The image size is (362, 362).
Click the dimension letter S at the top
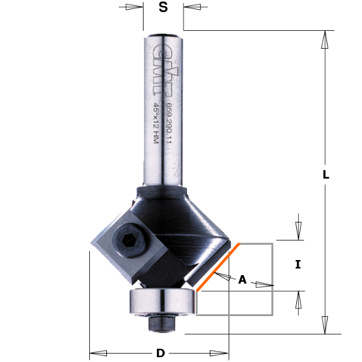click(163, 8)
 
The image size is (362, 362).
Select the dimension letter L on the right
click(325, 175)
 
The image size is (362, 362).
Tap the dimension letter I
click(297, 264)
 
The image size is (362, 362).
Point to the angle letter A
click(243, 279)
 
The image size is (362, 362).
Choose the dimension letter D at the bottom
click(160, 353)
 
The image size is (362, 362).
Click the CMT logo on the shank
click(160, 68)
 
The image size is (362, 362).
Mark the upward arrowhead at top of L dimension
click(325, 40)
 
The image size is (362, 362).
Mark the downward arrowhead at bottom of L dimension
click(325, 325)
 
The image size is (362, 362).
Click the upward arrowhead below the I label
click(297, 300)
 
